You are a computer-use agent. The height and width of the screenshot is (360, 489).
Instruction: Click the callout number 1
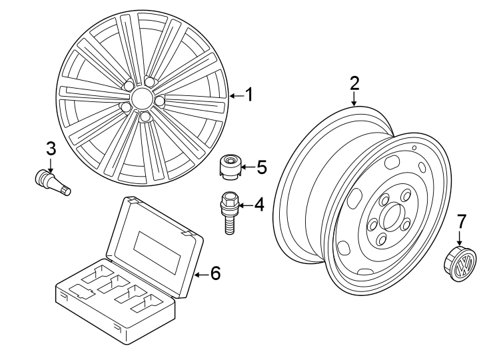tap(248, 95)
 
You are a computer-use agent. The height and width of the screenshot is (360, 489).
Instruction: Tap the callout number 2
tap(354, 83)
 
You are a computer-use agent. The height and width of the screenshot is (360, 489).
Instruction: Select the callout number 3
tap(51, 148)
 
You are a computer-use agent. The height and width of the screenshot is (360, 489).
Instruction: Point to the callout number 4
tap(258, 205)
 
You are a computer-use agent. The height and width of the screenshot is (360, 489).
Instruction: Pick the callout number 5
tap(261, 167)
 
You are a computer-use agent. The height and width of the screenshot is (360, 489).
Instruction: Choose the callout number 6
tap(215, 273)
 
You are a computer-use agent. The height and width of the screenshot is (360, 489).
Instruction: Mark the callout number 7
tap(462, 221)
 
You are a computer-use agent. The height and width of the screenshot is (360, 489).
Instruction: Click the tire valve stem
tap(51, 180)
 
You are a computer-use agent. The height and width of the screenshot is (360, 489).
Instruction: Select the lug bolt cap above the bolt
tap(231, 167)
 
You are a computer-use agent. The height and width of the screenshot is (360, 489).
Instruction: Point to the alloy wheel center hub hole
tap(141, 99)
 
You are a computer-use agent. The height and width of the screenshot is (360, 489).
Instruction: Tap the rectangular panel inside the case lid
tap(157, 248)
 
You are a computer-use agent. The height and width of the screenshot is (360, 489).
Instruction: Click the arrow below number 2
tap(354, 99)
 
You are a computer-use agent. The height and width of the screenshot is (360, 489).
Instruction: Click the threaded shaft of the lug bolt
tap(229, 223)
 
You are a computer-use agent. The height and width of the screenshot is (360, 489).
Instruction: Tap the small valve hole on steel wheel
tap(414, 148)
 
